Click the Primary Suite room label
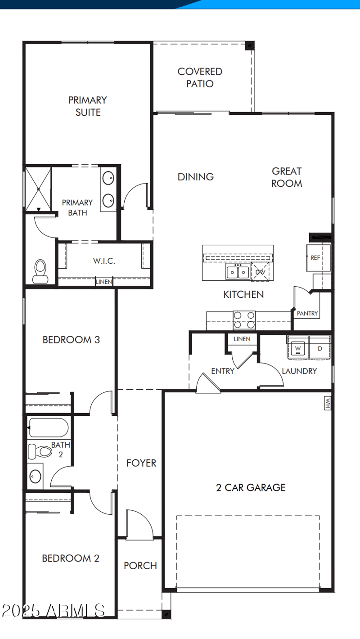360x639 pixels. (x=88, y=106)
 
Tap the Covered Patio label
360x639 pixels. (x=200, y=77)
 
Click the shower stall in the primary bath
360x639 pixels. (x=38, y=188)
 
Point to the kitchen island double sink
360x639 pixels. (x=238, y=272)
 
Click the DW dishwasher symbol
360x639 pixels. (x=260, y=272)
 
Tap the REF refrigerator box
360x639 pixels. (x=315, y=258)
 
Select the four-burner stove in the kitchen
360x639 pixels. (x=244, y=320)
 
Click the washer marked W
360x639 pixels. (x=297, y=348)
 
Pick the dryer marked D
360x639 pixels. (x=320, y=348)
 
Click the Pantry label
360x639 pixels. (x=307, y=313)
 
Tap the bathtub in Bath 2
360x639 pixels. (x=48, y=427)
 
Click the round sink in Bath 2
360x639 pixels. (x=35, y=476)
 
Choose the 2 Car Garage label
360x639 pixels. (x=251, y=487)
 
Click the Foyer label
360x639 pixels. (x=141, y=463)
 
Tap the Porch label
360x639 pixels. (x=140, y=566)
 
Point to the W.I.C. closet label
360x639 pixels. (x=104, y=261)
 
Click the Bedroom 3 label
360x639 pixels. (x=71, y=340)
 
